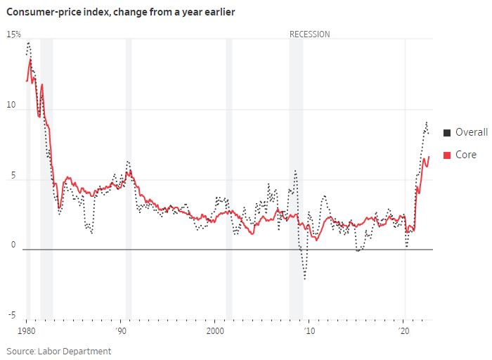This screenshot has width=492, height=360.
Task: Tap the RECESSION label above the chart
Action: coord(309,34)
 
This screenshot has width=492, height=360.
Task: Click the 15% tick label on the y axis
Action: coord(14,34)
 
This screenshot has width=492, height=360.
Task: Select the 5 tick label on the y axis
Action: coord(10,175)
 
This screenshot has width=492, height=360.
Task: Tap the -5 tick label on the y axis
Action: coord(11,314)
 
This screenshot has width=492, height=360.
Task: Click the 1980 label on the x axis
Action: coord(27,330)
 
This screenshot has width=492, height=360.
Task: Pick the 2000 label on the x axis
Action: coord(215,330)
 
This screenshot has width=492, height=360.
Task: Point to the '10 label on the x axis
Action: coord(308,330)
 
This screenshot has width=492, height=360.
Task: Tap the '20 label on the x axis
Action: coord(403,330)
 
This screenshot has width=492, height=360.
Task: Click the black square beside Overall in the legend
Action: coord(447,132)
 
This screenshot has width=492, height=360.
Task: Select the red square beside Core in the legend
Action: coord(447,155)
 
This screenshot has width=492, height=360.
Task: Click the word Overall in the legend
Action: coord(471,132)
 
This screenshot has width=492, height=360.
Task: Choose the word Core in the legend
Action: coord(466,155)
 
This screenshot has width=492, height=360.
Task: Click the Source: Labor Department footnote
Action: coord(59,350)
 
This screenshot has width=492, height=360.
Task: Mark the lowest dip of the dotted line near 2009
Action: coord(305,278)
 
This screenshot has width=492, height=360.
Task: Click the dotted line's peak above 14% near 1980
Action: coord(28,43)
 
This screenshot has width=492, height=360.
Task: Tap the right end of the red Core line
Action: coord(429,157)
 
